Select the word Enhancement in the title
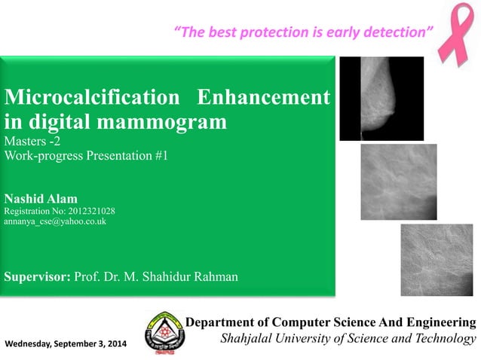(x=263, y=97)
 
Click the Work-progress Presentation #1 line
(x=91, y=156)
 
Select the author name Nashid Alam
(x=41, y=199)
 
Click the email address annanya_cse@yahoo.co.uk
(x=55, y=222)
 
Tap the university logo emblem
(x=163, y=331)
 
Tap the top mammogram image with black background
(x=381, y=99)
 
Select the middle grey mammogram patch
(x=399, y=182)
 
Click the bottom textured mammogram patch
(x=437, y=260)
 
